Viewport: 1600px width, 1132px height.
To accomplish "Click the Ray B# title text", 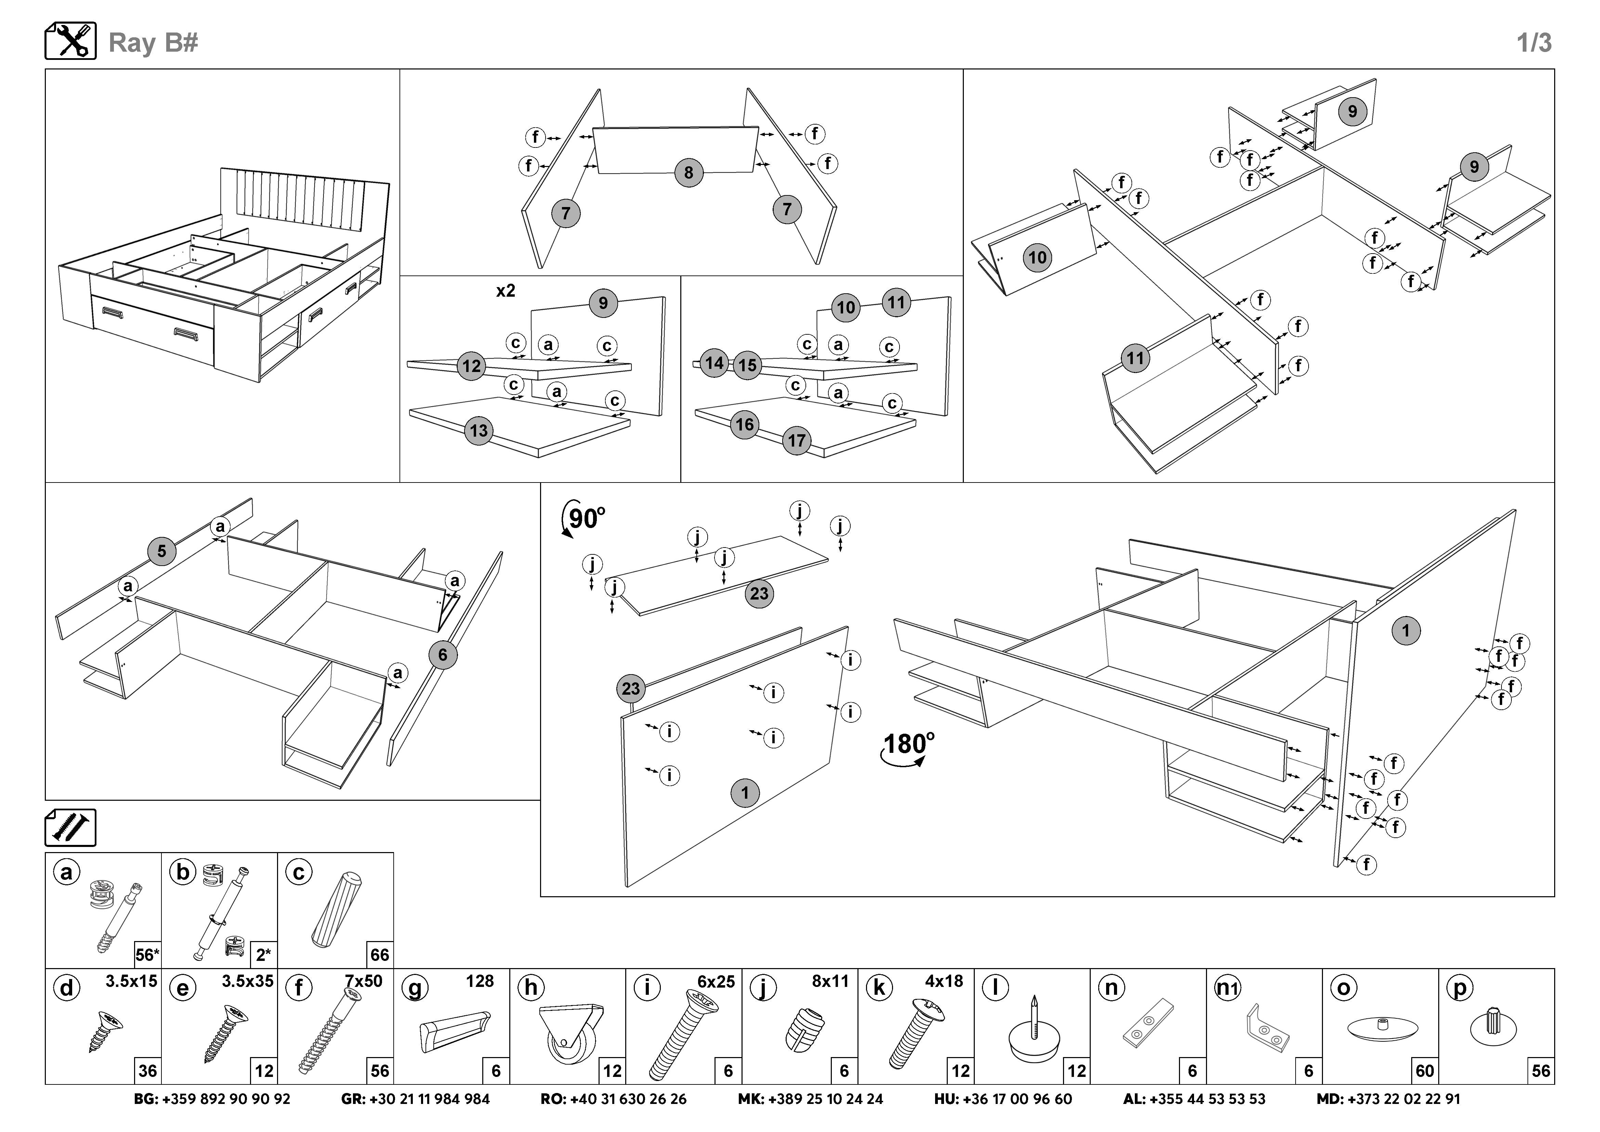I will coord(153,42).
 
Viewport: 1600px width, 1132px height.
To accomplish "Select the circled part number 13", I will coord(479,431).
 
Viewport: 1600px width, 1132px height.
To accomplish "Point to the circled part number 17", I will coord(797,440).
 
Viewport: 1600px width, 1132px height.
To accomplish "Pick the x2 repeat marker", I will coord(505,291).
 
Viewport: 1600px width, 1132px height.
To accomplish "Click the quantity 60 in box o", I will coord(1425,1071).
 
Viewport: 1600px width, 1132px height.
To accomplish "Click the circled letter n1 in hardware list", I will coord(1228,988).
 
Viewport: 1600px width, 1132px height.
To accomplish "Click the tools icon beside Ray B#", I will coord(70,41).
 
